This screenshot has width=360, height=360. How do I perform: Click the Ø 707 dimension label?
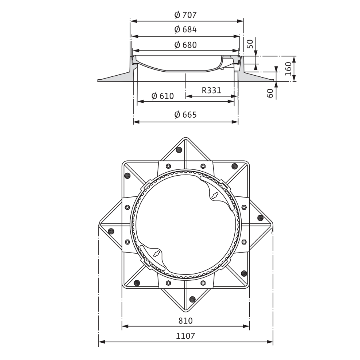[186, 15]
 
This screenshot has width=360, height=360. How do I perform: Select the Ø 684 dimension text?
[186, 30]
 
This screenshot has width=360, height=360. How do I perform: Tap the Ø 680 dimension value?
[186, 45]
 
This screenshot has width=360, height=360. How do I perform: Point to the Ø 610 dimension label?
[163, 96]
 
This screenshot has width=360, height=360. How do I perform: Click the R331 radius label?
[211, 90]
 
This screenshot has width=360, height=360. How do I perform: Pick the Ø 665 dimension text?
[186, 115]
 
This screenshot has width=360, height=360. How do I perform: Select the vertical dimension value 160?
[288, 68]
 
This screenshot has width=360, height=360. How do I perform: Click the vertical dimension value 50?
[250, 44]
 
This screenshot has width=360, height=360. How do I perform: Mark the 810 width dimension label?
[186, 321]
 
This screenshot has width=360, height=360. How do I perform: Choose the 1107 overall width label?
[186, 336]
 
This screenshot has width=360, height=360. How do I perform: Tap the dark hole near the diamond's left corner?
[111, 231]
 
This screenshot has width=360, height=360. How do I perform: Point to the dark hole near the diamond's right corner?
[260, 218]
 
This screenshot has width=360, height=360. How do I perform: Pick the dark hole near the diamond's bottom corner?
[192, 298]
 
